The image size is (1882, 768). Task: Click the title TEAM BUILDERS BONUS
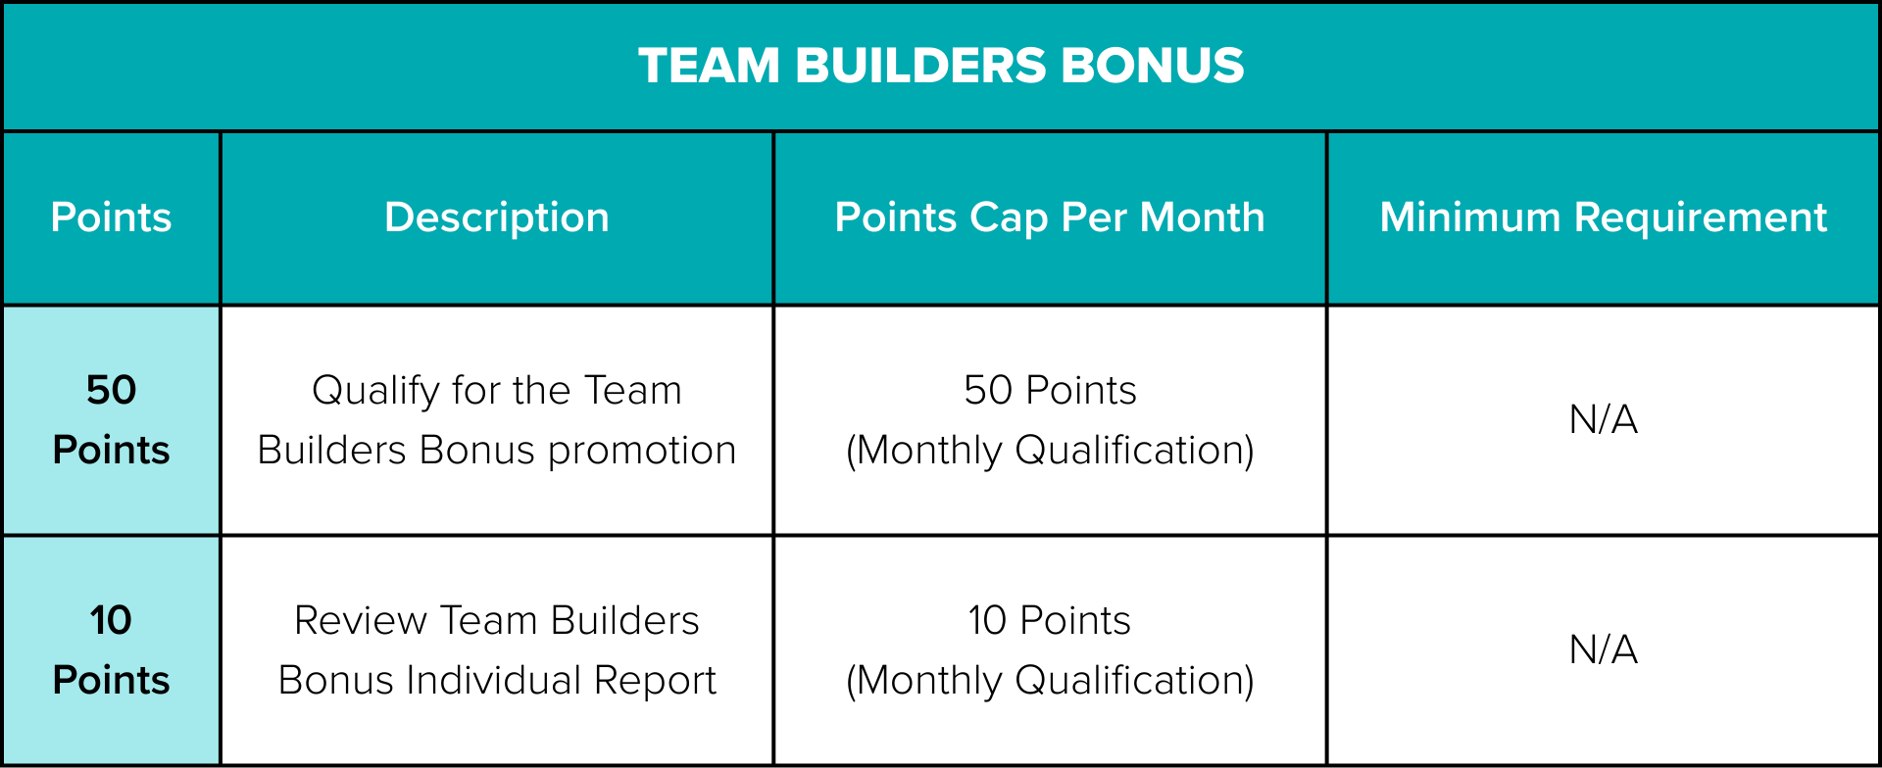(x=941, y=66)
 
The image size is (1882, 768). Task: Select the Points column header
(x=111, y=216)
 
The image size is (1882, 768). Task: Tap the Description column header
(x=497, y=217)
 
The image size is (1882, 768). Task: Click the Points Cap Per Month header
(x=1050, y=217)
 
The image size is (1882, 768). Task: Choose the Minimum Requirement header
(x=1604, y=217)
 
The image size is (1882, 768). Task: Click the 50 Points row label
(x=111, y=419)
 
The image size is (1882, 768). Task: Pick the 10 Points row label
(x=111, y=649)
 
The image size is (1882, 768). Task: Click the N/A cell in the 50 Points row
(x=1604, y=419)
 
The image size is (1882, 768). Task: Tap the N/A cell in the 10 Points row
(x=1604, y=649)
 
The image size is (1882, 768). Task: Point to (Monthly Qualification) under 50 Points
(x=1050, y=451)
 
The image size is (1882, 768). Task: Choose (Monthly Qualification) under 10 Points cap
(x=1050, y=681)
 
